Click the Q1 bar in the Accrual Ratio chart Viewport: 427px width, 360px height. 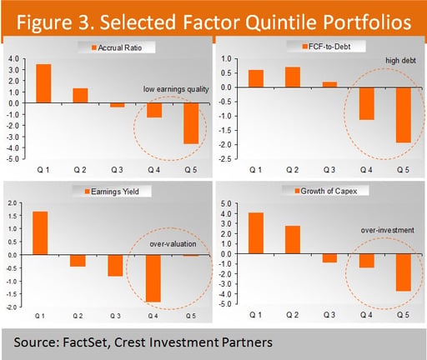coord(43,83)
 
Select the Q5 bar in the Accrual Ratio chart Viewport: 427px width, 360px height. coord(191,123)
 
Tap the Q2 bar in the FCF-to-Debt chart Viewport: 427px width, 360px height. coord(293,77)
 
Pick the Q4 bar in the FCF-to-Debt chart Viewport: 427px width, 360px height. coord(367,103)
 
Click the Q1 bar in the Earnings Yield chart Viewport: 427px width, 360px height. coord(40,233)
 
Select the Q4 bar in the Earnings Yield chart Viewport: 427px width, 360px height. coord(153,278)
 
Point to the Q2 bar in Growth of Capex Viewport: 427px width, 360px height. coord(293,240)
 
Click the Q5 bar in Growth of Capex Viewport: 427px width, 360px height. coord(404,272)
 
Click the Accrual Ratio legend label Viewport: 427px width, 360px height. coord(120,47)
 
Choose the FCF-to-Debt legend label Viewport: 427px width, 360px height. coord(329,47)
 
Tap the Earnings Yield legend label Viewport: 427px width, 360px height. coord(115,192)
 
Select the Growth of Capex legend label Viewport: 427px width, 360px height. coord(329,191)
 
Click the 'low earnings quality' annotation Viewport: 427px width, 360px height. coord(176,89)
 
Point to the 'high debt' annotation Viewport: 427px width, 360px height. coord(400,61)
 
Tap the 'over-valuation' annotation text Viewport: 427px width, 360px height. coord(173,244)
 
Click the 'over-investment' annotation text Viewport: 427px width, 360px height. coord(388,230)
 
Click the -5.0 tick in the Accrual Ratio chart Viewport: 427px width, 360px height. coord(13,159)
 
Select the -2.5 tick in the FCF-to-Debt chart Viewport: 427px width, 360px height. coord(226,159)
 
